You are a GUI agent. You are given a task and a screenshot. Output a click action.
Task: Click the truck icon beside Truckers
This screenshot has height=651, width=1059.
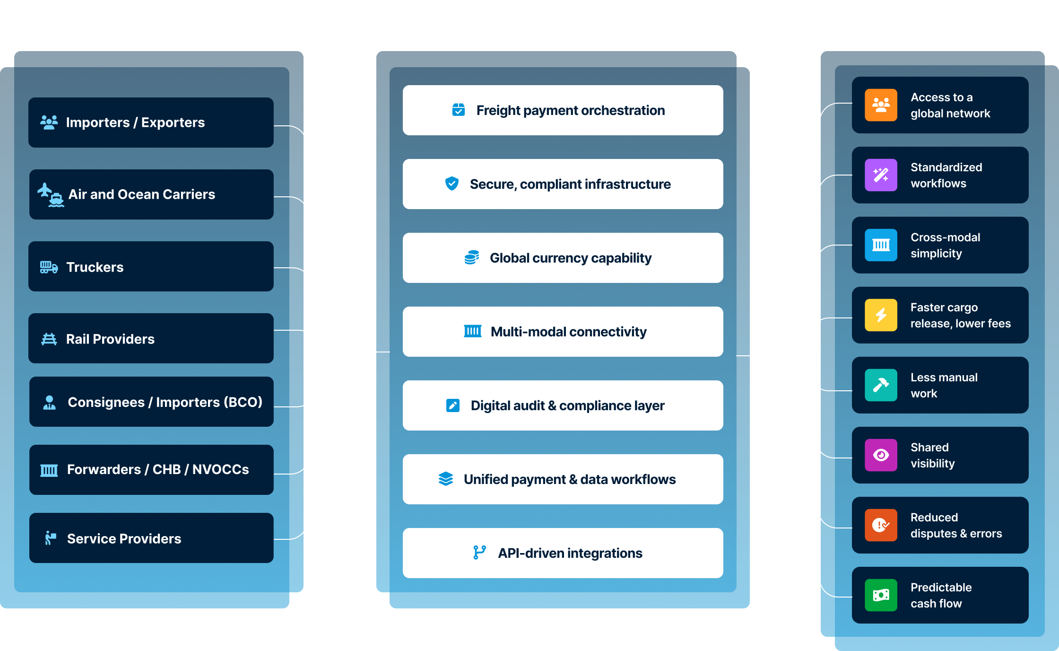(49, 267)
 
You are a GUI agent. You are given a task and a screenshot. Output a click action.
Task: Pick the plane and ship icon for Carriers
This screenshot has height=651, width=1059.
(51, 194)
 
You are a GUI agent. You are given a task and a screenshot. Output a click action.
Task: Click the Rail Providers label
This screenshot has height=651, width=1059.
(110, 339)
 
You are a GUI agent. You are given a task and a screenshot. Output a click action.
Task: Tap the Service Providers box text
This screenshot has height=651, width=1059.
(124, 538)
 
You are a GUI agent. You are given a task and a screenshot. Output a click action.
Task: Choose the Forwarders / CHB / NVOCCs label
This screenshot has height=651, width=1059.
(158, 469)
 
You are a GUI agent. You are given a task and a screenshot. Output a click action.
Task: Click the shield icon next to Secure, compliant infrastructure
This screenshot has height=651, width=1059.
(452, 184)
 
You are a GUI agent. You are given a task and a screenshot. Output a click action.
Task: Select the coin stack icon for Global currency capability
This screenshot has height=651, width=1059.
(472, 257)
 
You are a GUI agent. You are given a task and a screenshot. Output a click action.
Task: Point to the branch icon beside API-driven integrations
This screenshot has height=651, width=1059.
(479, 553)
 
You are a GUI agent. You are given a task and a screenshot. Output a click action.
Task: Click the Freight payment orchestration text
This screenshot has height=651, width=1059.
(570, 110)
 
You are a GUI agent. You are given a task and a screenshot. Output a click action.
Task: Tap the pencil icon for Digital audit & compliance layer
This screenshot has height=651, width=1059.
(453, 405)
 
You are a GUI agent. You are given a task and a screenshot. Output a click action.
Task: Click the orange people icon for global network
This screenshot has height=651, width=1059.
(881, 105)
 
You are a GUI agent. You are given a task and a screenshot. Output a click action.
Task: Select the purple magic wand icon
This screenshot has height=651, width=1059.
(881, 175)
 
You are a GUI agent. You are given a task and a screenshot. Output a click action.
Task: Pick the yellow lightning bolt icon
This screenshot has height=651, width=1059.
(881, 315)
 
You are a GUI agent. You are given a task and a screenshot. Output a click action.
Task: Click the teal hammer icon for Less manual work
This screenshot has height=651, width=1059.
(881, 385)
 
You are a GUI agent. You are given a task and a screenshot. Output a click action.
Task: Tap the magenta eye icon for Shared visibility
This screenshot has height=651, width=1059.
(881, 455)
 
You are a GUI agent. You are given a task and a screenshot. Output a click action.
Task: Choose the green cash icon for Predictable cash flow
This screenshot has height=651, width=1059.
(881, 595)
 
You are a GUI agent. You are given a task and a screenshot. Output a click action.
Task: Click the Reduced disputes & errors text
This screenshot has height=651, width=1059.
(956, 525)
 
